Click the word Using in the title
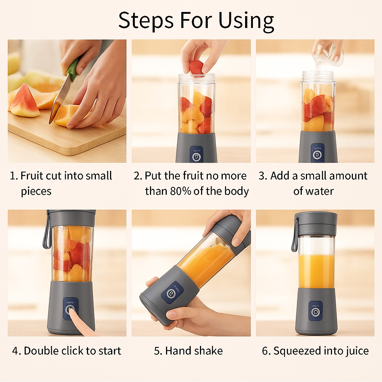246,21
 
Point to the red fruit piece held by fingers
196,67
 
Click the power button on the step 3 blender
317,154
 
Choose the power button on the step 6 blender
316,311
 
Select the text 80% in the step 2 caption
179,191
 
